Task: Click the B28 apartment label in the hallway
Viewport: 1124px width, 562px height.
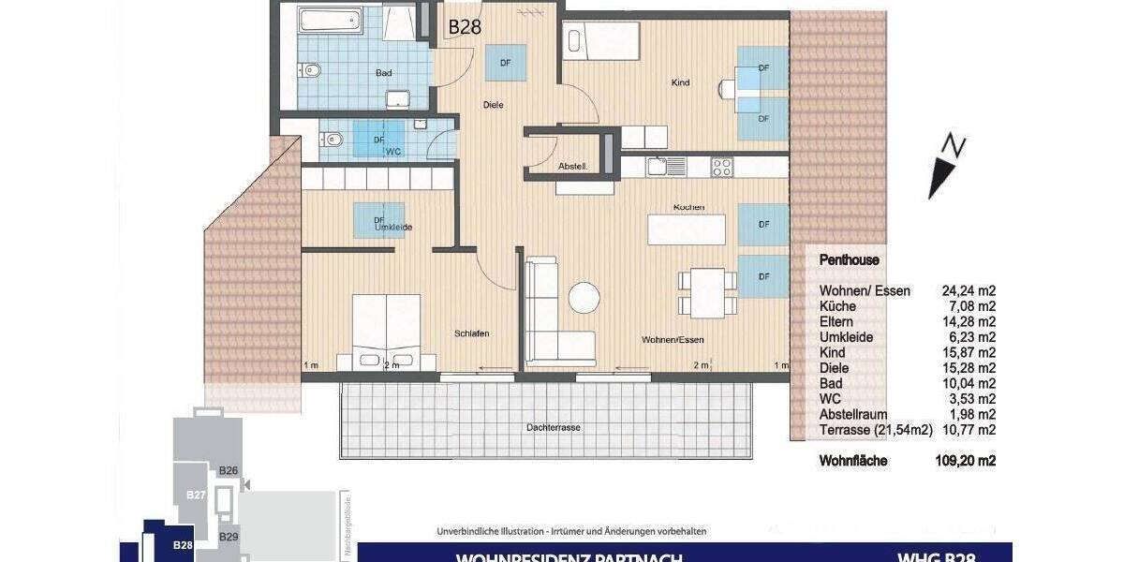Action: pyautogui.click(x=465, y=27)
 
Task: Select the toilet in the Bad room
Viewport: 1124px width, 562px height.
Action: pyautogui.click(x=312, y=69)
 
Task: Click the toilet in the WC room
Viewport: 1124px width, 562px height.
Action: pyautogui.click(x=332, y=140)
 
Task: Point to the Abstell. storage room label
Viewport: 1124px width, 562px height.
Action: pyautogui.click(x=572, y=166)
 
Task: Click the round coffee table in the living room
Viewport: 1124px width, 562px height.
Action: pyautogui.click(x=585, y=298)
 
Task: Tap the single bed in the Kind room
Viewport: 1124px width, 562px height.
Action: pyautogui.click(x=601, y=41)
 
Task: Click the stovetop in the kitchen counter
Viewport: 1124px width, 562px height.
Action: pyautogui.click(x=722, y=167)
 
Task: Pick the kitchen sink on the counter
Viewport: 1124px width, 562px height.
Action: pyautogui.click(x=667, y=167)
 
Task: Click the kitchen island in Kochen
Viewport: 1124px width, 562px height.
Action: pyautogui.click(x=687, y=229)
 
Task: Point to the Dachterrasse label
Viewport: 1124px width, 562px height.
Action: pyautogui.click(x=553, y=427)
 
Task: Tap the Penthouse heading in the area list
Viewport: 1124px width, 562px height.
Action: pyautogui.click(x=849, y=260)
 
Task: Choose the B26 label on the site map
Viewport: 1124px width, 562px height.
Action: pyautogui.click(x=228, y=470)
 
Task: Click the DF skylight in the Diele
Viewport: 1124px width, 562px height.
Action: pyautogui.click(x=505, y=63)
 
